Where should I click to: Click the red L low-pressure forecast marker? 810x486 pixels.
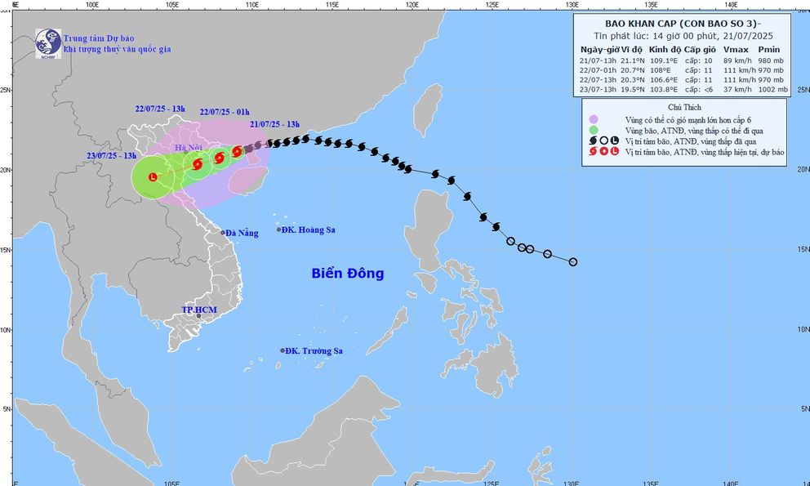[153, 176]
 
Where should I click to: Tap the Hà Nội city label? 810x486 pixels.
[193, 147]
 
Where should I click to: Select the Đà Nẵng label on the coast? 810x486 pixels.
[243, 233]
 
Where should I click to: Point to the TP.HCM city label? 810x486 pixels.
[197, 310]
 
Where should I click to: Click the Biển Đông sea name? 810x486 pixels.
[347, 274]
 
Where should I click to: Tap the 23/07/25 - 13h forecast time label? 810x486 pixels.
[112, 155]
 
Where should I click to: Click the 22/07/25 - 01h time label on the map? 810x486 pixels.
[224, 112]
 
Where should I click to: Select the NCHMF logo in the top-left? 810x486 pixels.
[47, 43]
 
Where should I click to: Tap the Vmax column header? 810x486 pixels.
[735, 50]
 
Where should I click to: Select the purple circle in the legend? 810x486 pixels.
[594, 119]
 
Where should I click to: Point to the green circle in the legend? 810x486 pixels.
[594, 130]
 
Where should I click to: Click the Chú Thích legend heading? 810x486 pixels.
[684, 107]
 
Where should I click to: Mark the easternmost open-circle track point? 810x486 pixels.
[572, 262]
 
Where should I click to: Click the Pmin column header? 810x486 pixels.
[768, 50]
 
